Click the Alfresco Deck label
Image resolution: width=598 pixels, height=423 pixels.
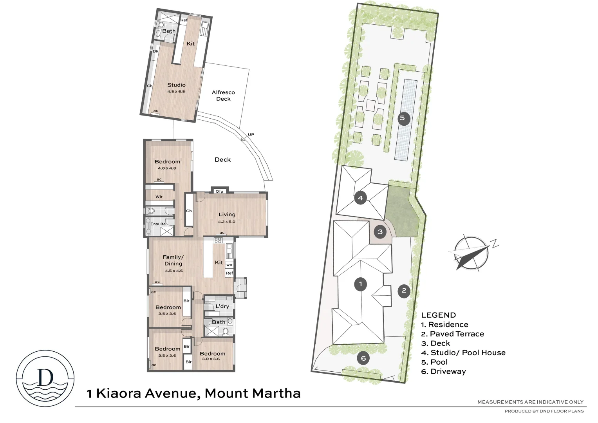point(223,96)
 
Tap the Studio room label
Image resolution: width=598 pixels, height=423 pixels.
point(176,85)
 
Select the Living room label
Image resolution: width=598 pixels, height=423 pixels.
point(227,215)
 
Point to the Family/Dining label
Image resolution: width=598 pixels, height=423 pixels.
point(173,260)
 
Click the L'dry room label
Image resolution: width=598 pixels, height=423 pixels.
point(222,306)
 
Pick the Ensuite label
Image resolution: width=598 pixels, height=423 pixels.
point(158,224)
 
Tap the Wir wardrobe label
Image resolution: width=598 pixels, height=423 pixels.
point(159,197)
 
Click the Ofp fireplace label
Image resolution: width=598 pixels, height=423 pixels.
point(219,192)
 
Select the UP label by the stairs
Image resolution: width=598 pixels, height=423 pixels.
point(251,135)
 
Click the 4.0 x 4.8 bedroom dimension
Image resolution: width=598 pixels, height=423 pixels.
point(167,168)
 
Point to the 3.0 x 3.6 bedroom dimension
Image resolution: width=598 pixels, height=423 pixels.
point(211,359)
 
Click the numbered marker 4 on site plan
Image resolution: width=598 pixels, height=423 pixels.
point(360,198)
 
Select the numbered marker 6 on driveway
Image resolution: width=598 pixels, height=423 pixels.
point(363,358)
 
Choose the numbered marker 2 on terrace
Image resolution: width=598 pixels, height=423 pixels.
point(404,291)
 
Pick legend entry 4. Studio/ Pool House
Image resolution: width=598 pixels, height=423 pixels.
point(463,352)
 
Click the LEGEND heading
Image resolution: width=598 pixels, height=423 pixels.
point(438,315)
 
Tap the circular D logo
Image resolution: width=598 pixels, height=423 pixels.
point(45,378)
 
